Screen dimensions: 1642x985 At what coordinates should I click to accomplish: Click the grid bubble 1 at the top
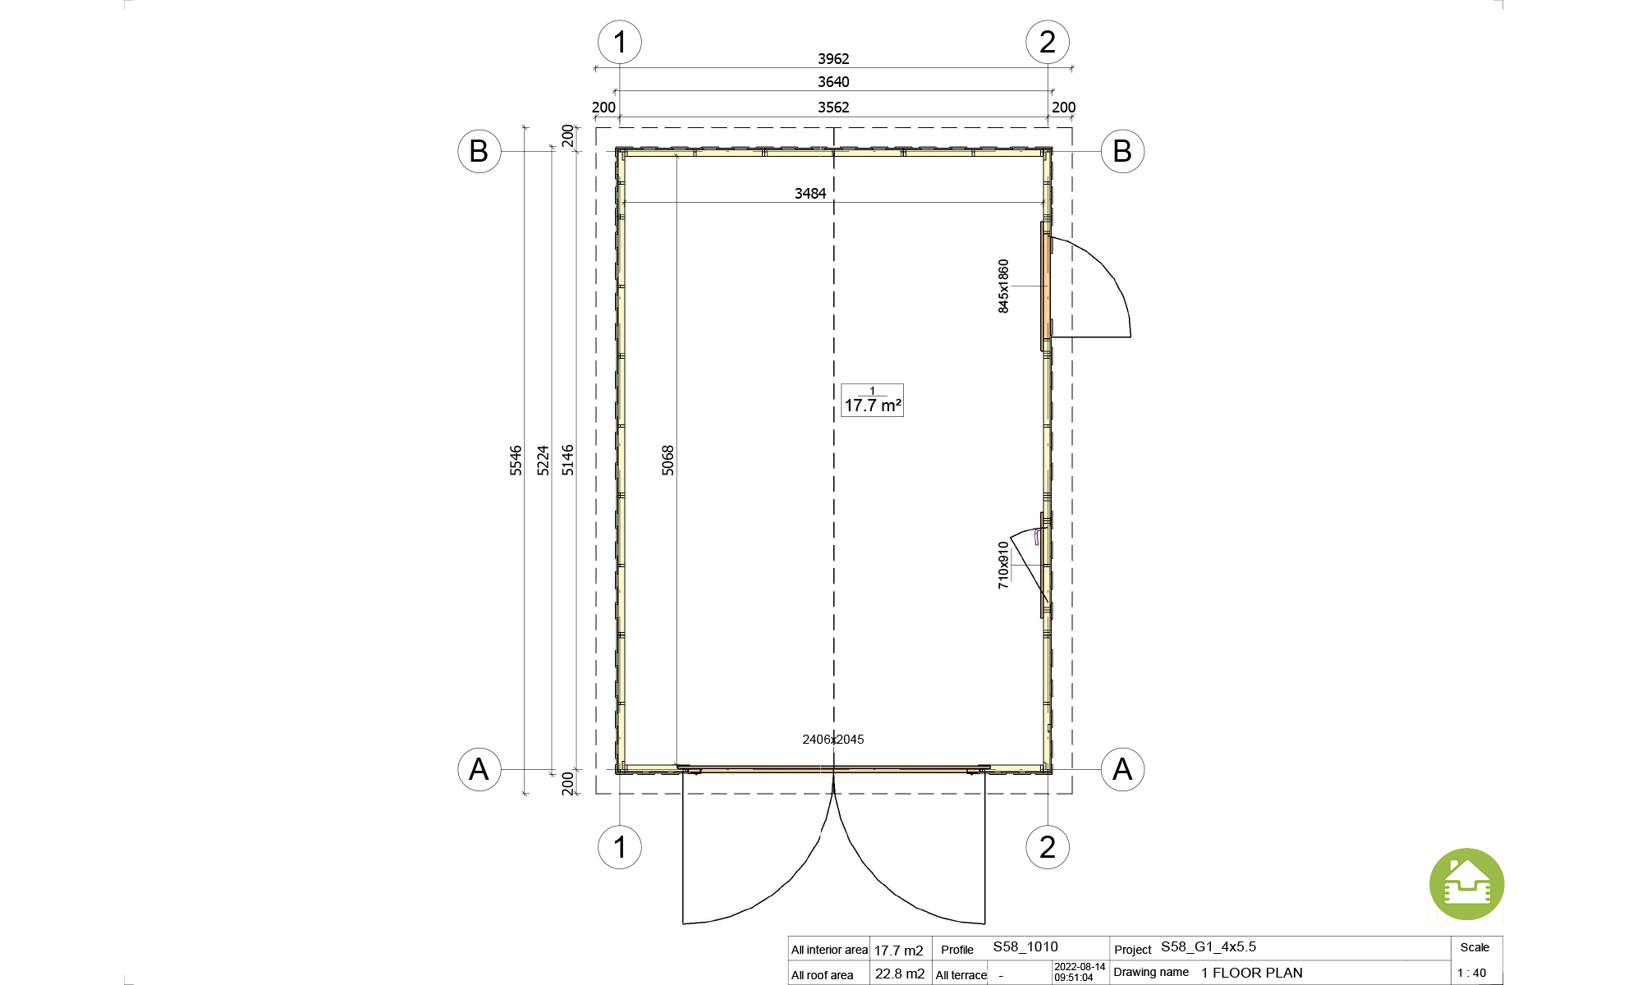[620, 42]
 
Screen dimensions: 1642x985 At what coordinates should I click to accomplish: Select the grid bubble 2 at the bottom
[1048, 847]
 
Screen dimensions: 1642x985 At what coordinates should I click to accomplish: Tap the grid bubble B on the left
[479, 151]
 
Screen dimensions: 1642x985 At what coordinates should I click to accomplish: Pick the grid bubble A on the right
[1122, 769]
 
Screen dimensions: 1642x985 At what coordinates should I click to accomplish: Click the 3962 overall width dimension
[833, 59]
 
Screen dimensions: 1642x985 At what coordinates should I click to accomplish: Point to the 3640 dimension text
[833, 82]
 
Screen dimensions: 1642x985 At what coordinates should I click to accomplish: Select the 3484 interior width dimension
[810, 194]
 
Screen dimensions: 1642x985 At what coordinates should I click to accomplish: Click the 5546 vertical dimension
[516, 460]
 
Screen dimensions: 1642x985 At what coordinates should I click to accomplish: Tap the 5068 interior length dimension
[667, 460]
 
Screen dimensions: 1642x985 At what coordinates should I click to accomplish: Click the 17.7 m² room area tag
[872, 401]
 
